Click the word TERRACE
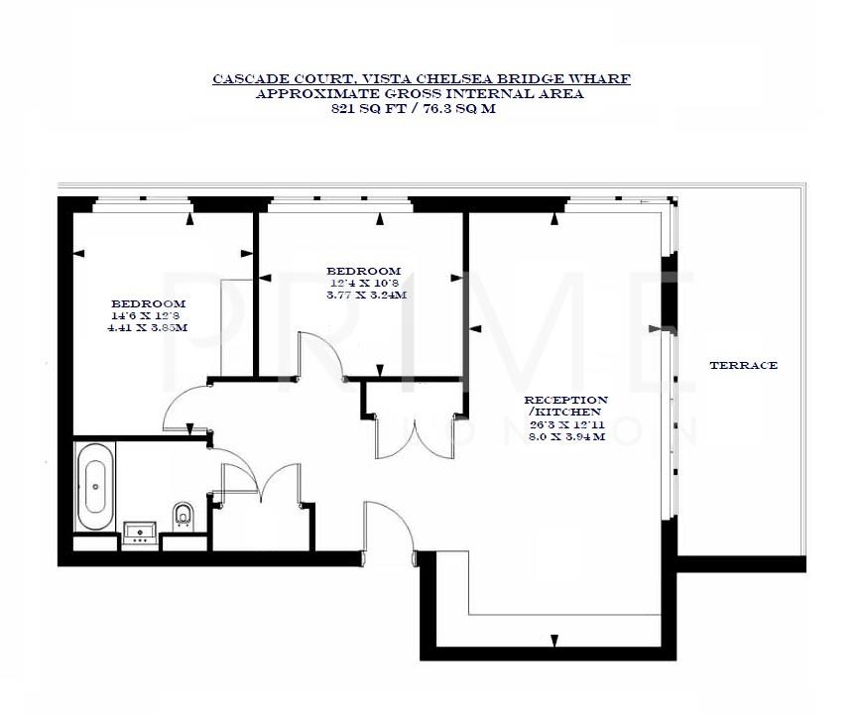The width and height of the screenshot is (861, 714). click(x=743, y=366)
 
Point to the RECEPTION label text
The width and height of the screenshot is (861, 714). click(x=566, y=400)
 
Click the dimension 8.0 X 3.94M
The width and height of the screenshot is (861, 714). click(x=565, y=435)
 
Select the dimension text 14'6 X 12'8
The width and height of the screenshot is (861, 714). click(x=148, y=316)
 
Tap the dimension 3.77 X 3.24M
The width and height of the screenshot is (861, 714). click(x=365, y=295)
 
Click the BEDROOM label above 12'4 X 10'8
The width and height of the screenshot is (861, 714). click(x=364, y=271)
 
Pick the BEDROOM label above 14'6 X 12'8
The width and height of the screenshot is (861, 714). click(x=148, y=303)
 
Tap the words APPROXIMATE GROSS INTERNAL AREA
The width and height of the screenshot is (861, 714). click(x=420, y=94)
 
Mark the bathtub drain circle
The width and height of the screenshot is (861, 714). click(x=96, y=486)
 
